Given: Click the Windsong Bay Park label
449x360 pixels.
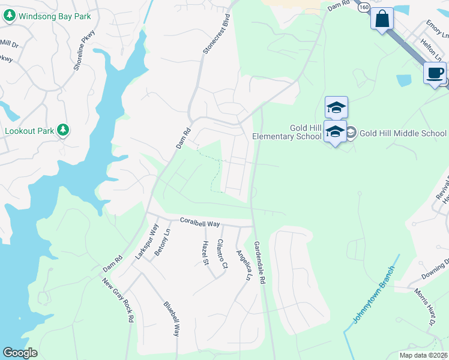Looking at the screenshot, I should click(53, 16).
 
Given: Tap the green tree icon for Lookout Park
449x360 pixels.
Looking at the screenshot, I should click(63, 130).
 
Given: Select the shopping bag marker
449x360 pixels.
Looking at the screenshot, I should click(382, 20).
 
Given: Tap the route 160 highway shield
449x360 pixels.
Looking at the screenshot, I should click(364, 7).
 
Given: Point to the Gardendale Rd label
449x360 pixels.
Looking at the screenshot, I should click(259, 263).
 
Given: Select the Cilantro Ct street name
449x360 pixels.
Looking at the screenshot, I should click(222, 253).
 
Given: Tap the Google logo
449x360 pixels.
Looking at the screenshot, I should click(20, 353).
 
